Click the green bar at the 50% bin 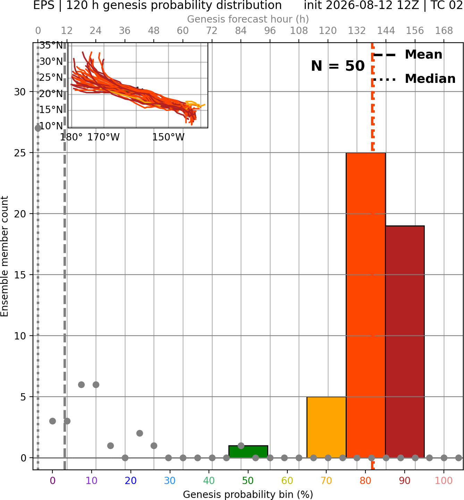pos(248,451)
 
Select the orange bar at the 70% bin pos(326,427)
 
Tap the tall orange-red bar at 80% pos(366,305)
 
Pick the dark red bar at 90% pos(405,342)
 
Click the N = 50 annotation pos(338,66)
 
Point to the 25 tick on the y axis pos(20,153)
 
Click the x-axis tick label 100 pos(444,481)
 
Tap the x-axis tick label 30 pos(170,481)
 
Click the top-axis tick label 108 pos(299,31)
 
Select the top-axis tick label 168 pos(444,31)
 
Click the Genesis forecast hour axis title pos(248,19)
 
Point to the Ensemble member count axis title pos(4,256)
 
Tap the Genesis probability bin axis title pos(248,494)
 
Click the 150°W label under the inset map pos(168,137)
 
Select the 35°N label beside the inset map pos(51,45)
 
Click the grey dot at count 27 pos(38,128)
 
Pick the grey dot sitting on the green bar pos(241,446)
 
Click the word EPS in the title pos(44,5)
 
